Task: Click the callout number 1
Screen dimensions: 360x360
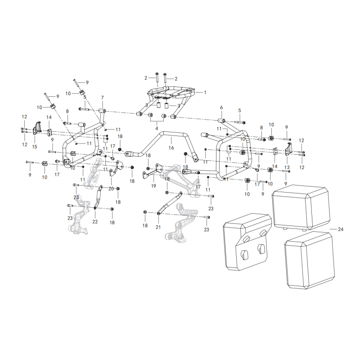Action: (x=205, y=93)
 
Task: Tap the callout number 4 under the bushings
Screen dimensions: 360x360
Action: (x=157, y=128)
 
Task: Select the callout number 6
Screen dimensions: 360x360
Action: (x=221, y=108)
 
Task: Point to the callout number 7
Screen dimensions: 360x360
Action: (x=103, y=98)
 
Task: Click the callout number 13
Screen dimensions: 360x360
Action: (x=287, y=167)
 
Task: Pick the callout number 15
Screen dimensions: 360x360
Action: (x=35, y=147)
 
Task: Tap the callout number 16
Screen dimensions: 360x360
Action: (x=171, y=148)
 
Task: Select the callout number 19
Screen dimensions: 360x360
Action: (x=153, y=186)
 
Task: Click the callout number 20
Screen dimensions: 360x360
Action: (x=111, y=189)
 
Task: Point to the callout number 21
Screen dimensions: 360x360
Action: (x=158, y=227)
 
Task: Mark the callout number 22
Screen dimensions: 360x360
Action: (x=95, y=221)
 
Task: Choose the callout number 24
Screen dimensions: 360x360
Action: (x=341, y=229)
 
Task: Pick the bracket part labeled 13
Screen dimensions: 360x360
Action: (x=288, y=149)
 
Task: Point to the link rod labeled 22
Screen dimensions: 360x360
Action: (x=98, y=197)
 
